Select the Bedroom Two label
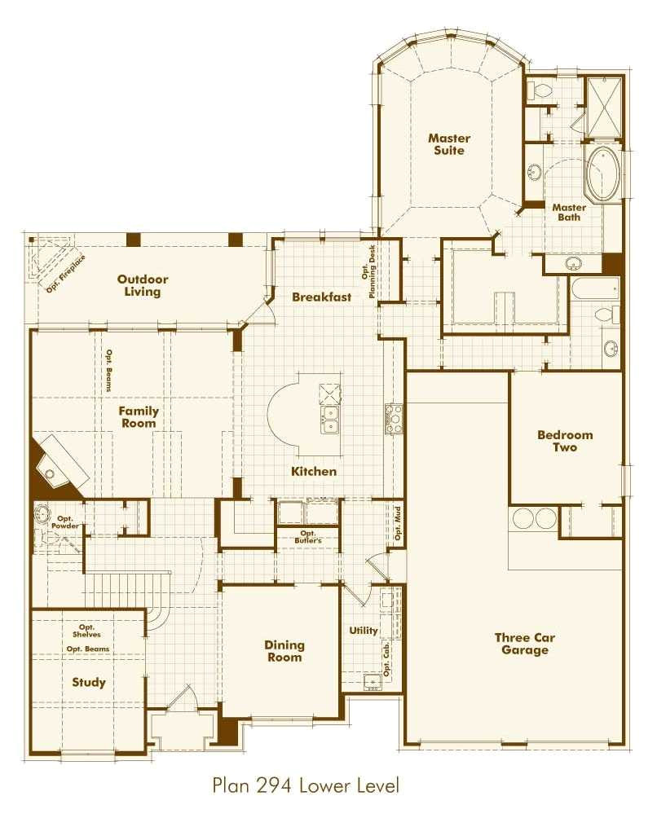pyautogui.click(x=564, y=441)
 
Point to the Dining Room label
pyautogui.click(x=284, y=651)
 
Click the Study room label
pyautogui.click(x=88, y=682)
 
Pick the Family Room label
pyautogui.click(x=140, y=417)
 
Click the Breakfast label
pyautogui.click(x=322, y=297)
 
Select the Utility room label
pyautogui.click(x=363, y=631)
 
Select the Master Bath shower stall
pyautogui.click(x=605, y=108)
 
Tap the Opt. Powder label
pyautogui.click(x=64, y=522)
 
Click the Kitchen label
pyautogui.click(x=314, y=472)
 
